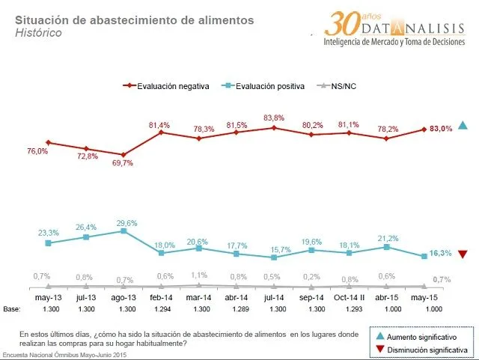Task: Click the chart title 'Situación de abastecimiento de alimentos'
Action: point(134,20)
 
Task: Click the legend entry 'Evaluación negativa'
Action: point(173,86)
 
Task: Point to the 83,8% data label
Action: point(274,118)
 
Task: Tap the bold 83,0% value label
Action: point(441,129)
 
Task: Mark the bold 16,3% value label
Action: point(441,253)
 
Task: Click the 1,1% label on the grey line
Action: point(198,275)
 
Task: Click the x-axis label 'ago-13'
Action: point(123,298)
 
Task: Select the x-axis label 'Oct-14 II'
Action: point(349,298)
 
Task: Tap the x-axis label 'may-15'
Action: point(424,298)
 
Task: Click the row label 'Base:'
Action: point(11,309)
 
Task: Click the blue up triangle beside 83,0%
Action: point(463,126)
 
